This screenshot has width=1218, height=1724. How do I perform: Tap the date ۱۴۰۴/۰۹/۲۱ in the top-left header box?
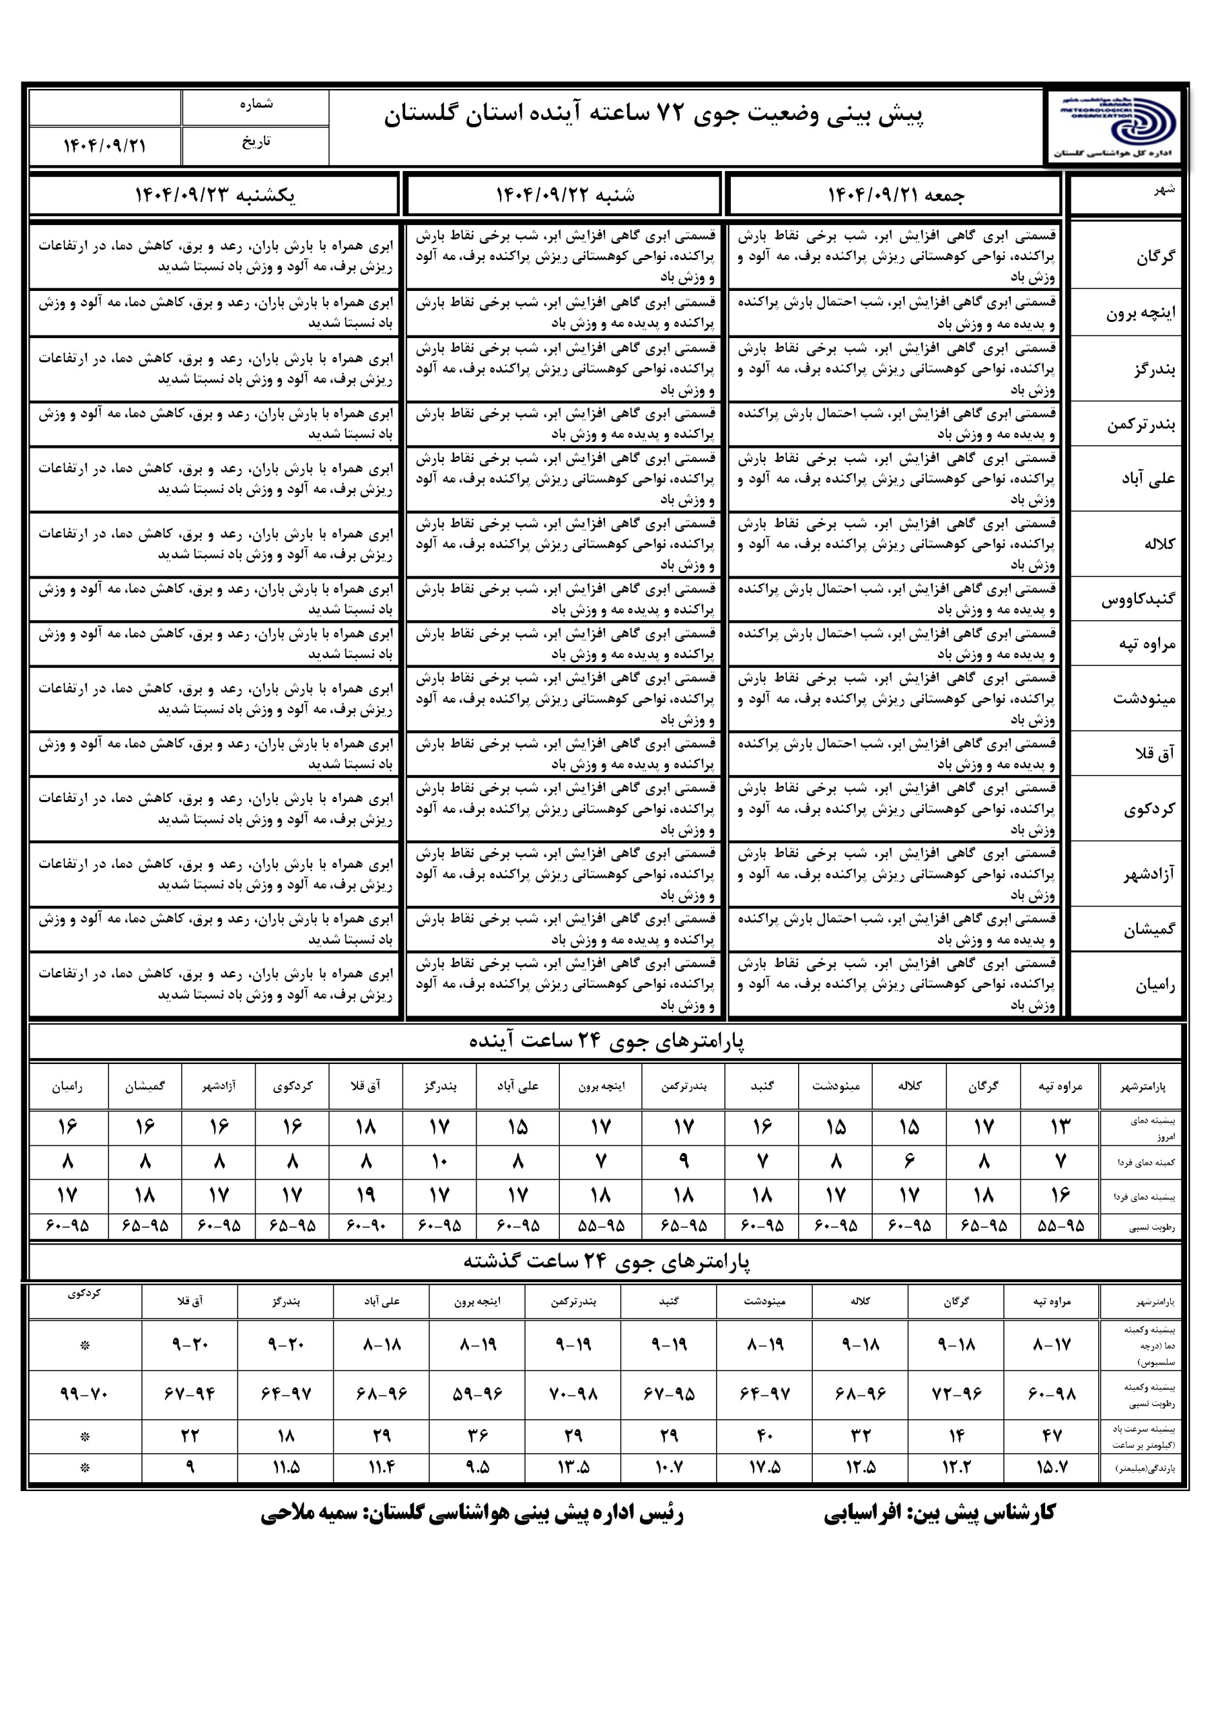[104, 145]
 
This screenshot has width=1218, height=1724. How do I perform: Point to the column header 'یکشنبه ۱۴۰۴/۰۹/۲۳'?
[215, 195]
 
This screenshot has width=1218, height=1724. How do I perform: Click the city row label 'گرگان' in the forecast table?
[1155, 257]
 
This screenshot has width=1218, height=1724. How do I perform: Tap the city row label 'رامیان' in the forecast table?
[1155, 985]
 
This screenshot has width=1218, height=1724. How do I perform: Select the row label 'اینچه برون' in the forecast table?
[1141, 313]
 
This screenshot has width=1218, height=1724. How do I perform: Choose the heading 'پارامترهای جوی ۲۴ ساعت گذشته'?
[606, 1262]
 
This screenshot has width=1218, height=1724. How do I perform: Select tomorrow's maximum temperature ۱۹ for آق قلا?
[365, 1195]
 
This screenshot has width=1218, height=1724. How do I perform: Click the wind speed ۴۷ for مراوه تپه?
[1051, 1436]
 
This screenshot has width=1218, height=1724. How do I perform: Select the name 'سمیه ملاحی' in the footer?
[309, 1514]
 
